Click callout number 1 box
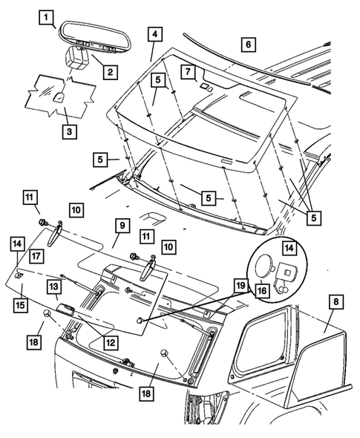point(46,16)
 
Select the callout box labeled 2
point(109,71)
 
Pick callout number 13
point(54,287)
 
